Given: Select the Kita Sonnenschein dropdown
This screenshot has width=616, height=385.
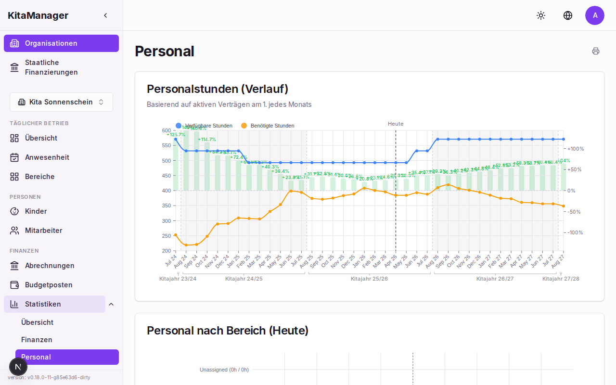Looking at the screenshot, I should pos(61,102).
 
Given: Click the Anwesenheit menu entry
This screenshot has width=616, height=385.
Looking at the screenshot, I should pos(47,157).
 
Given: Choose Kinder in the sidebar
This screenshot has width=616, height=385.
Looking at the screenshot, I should pos(36,211).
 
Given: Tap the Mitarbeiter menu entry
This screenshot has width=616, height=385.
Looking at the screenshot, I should pos(43,231).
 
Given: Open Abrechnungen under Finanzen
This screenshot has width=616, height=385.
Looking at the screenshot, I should pos(50,266).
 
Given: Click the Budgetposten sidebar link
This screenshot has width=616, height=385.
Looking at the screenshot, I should pos(49,285).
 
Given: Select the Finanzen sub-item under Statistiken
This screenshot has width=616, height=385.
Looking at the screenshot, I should pos(37,340).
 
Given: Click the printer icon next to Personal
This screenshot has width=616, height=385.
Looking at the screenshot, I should pos(596,51).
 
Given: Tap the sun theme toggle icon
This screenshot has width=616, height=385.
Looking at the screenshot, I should pos(541,15).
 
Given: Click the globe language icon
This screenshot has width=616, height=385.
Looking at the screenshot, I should pos(568,15).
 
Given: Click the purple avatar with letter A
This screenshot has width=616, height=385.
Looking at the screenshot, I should pos(595,15).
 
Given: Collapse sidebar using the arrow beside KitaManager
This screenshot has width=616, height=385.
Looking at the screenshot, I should pos(105,15).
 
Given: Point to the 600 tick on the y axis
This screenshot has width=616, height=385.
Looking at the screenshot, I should pos(167,130).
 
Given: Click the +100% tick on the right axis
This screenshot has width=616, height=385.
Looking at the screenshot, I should pos(576,149).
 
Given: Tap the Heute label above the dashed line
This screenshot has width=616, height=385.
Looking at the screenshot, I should pos(396,124).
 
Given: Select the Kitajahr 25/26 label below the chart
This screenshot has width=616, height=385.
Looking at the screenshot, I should pos(369,279).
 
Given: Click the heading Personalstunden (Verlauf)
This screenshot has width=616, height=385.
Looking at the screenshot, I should pos(218,89).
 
